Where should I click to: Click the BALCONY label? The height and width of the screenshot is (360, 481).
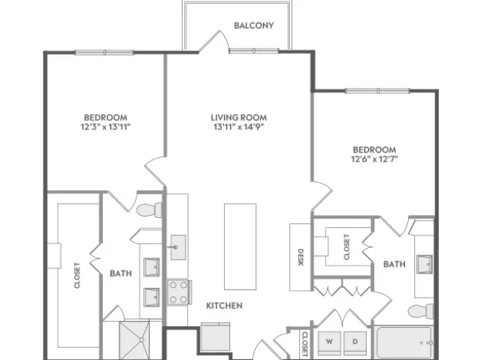254,26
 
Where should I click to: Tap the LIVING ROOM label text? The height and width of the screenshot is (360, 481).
239,117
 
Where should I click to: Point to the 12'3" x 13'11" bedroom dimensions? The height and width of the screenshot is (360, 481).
106,127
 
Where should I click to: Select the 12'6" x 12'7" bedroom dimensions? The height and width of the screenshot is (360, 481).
374,159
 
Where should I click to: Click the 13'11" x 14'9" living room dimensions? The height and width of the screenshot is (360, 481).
239,127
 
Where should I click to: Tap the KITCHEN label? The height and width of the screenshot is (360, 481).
224,305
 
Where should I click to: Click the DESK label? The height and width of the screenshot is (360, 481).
301,257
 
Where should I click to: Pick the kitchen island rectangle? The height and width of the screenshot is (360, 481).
240,247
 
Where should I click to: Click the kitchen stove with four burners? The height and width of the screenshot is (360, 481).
179,292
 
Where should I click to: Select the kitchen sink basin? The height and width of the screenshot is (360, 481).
178,247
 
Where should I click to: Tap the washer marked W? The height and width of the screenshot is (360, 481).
329,343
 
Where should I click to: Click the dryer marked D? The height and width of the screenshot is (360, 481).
355,343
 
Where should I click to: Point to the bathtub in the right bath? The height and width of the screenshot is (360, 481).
404,343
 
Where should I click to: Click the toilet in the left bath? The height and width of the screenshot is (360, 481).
149,210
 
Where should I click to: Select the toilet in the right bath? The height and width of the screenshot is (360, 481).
421,311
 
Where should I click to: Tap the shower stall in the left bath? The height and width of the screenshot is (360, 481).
134,340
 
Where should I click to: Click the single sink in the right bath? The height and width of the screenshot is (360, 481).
425,264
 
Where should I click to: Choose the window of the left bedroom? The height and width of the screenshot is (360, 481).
104,53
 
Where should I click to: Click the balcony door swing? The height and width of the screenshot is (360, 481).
214,41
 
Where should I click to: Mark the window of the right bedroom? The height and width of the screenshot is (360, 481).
377,91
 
